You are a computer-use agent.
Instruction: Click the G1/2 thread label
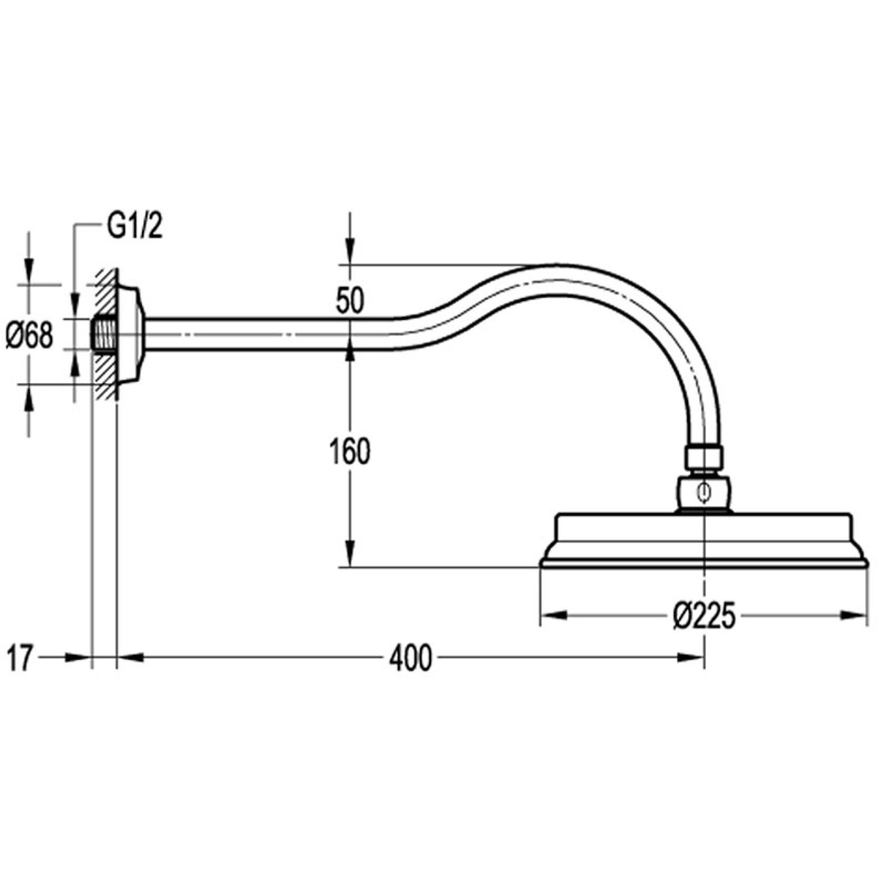click(x=134, y=228)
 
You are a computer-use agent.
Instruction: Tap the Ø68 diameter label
click(x=30, y=335)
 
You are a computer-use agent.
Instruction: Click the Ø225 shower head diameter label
click(x=704, y=616)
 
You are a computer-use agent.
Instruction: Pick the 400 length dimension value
click(x=411, y=659)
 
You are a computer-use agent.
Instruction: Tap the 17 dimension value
click(x=20, y=658)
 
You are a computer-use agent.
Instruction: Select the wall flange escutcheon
click(x=130, y=334)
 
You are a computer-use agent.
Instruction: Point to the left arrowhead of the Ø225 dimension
click(x=553, y=615)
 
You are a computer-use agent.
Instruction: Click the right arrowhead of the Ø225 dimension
click(x=854, y=615)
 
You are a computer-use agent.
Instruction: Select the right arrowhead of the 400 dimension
click(x=691, y=657)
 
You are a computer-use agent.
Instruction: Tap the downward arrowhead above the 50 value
click(x=349, y=251)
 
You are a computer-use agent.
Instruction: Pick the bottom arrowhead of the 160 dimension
click(x=349, y=554)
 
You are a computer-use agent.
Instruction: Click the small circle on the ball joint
click(x=704, y=494)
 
